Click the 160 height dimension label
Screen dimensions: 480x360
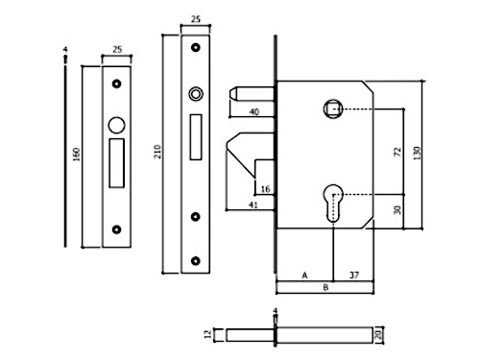[x=76, y=155]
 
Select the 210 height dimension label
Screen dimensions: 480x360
[x=157, y=152]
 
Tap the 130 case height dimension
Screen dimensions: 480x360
[x=417, y=153]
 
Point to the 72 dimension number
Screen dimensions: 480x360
[x=397, y=152]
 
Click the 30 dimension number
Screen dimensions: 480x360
[x=397, y=210]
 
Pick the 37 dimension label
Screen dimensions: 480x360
[x=354, y=275]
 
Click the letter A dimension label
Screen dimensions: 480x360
[x=304, y=276]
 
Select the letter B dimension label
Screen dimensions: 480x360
[x=325, y=287]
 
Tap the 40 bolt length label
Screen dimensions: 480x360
[x=254, y=112]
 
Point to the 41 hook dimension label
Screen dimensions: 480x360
[x=253, y=204]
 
